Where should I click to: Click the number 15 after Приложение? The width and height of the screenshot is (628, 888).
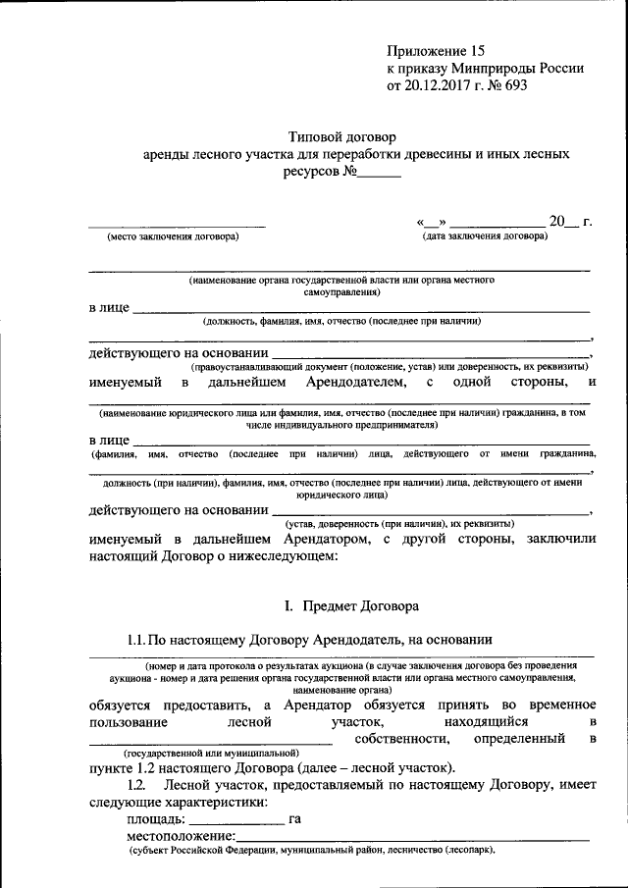click(477, 49)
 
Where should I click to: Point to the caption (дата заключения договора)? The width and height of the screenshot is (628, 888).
click(485, 236)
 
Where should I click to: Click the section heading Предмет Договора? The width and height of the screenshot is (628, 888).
click(361, 606)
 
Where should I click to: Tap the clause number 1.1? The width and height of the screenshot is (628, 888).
click(138, 640)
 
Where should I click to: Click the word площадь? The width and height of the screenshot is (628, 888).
click(155, 818)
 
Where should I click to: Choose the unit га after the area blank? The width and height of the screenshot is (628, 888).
click(294, 818)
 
